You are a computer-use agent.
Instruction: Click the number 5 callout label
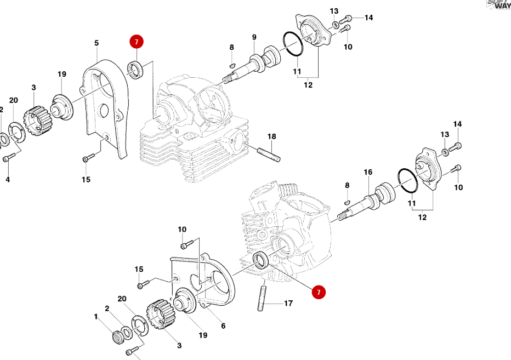(x=96, y=43)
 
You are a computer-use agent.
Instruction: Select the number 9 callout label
(x=254, y=37)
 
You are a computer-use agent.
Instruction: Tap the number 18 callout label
(x=271, y=136)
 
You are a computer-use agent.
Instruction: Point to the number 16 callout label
(x=368, y=172)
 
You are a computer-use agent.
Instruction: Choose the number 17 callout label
(x=288, y=302)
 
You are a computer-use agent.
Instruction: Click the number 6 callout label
(x=223, y=326)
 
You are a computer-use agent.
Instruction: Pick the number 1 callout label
(x=95, y=316)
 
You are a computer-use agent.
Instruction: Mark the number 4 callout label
(x=7, y=179)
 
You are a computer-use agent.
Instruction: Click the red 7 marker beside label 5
(x=136, y=41)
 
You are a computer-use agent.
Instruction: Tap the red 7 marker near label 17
(x=319, y=293)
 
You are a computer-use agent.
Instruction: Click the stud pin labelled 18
(x=268, y=152)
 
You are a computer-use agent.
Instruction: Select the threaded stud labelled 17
(x=262, y=299)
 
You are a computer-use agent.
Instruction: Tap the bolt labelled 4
(x=7, y=158)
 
